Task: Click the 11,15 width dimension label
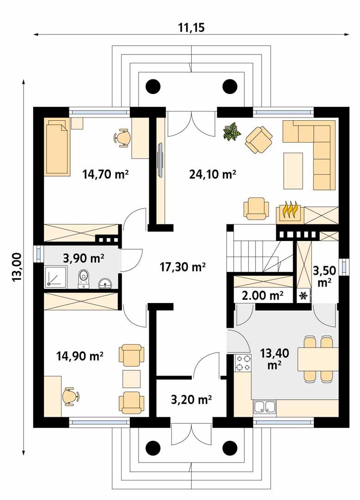click(191, 27)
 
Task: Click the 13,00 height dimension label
click(17, 267)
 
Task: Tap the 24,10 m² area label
click(213, 174)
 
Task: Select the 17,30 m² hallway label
click(182, 267)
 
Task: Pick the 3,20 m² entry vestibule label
click(191, 399)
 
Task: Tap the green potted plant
click(232, 131)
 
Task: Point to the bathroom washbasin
click(105, 282)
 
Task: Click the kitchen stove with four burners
click(243, 363)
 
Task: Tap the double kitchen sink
click(265, 407)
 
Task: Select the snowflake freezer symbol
click(304, 296)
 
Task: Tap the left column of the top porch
click(153, 86)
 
